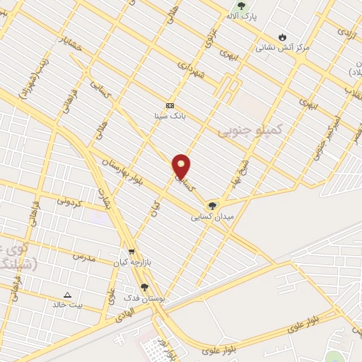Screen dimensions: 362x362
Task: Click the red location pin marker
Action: click(182, 165)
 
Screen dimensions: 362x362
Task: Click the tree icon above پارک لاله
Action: click(242, 6)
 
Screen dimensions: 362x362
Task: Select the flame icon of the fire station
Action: click(283, 37)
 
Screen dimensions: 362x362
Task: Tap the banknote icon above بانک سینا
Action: click(170, 104)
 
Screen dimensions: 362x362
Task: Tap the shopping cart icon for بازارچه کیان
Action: click(132, 252)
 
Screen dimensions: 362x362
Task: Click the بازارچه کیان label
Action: click(132, 263)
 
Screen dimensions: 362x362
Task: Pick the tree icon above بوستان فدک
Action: click(144, 288)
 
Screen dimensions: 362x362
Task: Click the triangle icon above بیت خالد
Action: click(68, 295)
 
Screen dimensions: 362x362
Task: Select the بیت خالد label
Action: click(68, 305)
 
